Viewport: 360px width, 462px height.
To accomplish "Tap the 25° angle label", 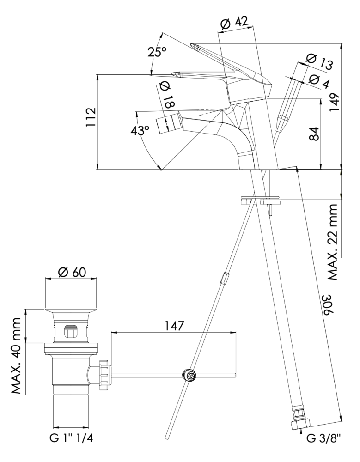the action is (157, 52).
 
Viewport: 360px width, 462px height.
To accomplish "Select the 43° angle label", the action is (140, 130).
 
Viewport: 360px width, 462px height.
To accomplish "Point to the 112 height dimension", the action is (91, 117).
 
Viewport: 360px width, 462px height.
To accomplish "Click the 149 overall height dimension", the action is (335, 102).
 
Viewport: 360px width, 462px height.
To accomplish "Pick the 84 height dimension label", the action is (315, 134).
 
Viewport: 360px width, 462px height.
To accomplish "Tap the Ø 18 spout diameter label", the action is (167, 94).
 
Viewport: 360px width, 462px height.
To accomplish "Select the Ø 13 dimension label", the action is (319, 61).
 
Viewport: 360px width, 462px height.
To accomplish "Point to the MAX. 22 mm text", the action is (334, 242).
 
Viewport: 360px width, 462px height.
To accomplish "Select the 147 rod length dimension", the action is (174, 326).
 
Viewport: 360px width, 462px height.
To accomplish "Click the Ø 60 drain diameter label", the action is (72, 272).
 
